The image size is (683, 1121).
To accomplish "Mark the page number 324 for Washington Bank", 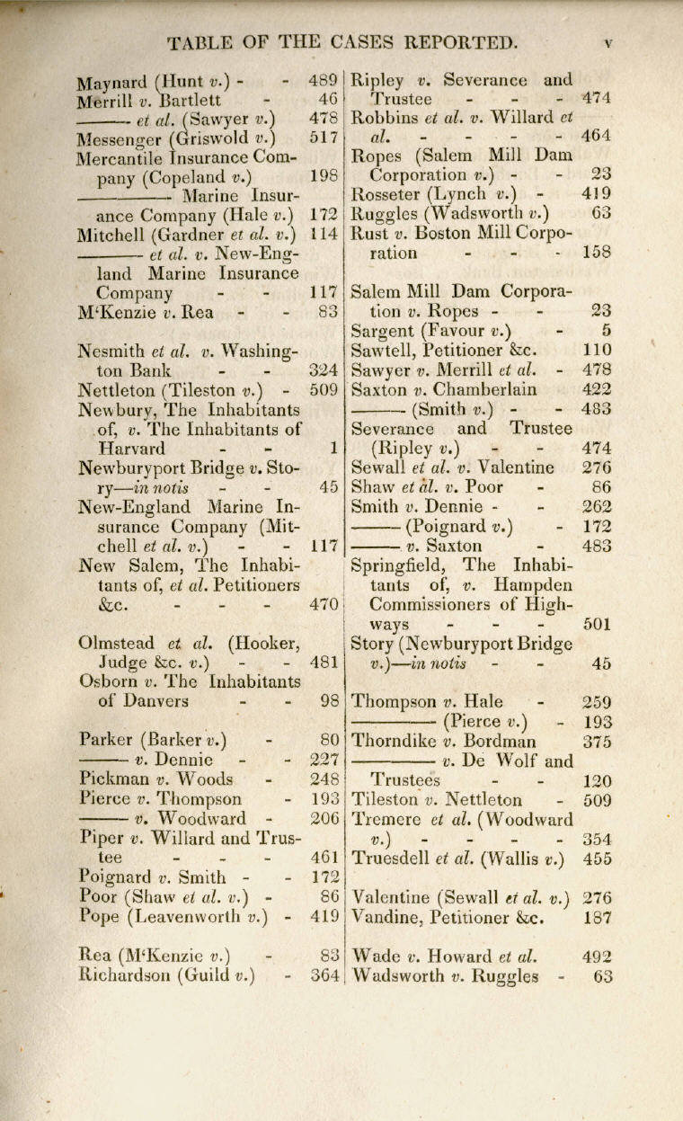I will (x=323, y=369).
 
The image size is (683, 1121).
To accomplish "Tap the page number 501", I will (x=598, y=624).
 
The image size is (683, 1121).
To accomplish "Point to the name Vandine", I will (x=388, y=918).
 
